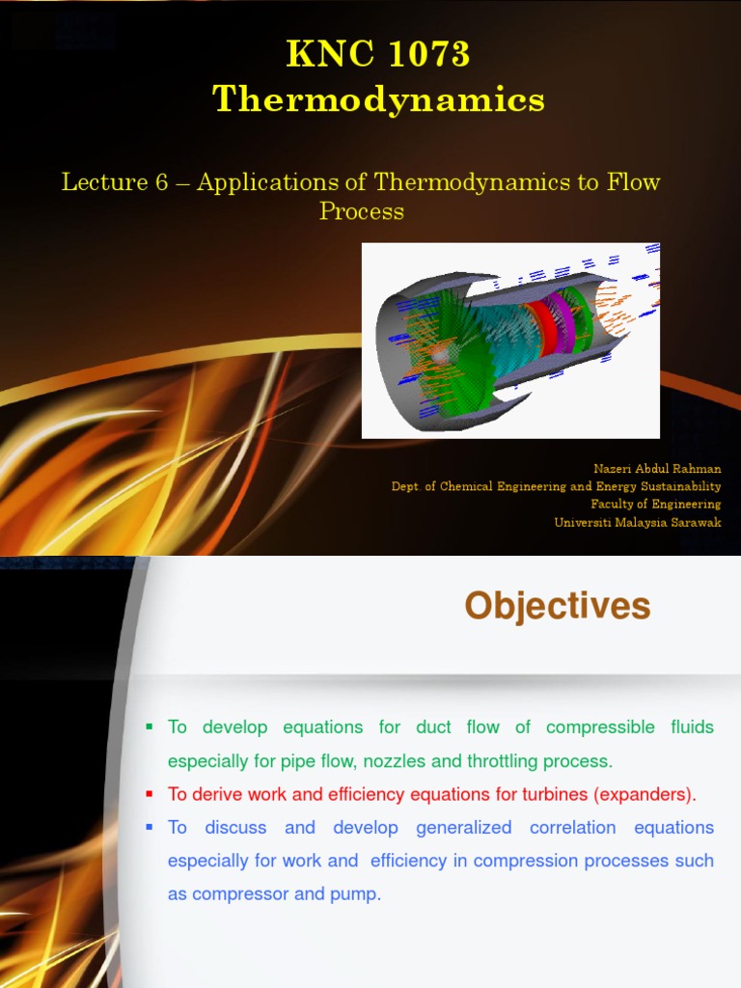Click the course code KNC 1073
click(x=378, y=55)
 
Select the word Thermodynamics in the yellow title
click(x=378, y=99)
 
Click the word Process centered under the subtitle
click(x=362, y=211)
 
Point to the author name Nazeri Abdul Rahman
click(x=657, y=469)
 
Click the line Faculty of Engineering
click(x=655, y=505)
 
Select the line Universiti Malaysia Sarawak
click(x=637, y=523)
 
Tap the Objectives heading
click(x=557, y=607)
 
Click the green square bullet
click(x=150, y=727)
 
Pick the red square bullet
click(x=150, y=794)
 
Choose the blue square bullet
click(x=150, y=827)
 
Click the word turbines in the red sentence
click(x=555, y=795)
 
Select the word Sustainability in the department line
click(x=679, y=486)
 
